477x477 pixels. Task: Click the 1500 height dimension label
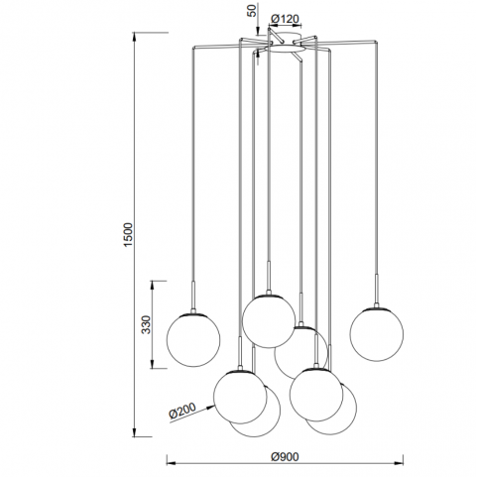point(128,234)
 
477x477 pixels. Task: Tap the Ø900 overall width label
point(285,457)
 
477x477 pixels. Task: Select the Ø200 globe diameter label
point(182,411)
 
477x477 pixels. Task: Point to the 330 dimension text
point(146,324)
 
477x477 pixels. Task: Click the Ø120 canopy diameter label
point(285,19)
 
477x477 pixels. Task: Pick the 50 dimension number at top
point(252,11)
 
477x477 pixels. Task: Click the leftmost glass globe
point(193,340)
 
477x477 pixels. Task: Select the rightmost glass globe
point(377,334)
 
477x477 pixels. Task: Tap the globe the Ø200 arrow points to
point(240,397)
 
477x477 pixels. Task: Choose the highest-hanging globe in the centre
point(269,321)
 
